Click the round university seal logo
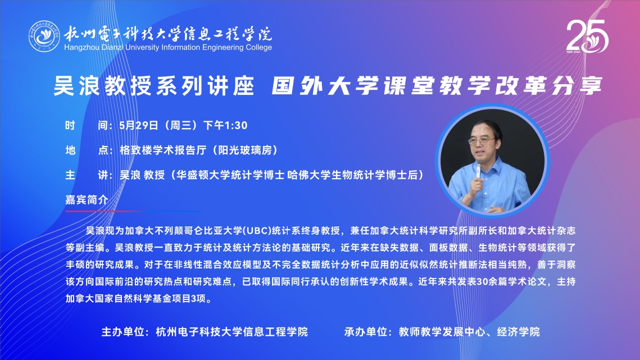[x=44, y=37]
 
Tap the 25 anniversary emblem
[x=587, y=37]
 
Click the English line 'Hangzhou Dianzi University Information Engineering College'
[x=168, y=47]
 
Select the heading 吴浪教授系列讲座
[x=154, y=86]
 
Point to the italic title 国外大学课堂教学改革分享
[x=437, y=86]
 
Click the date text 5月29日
[x=139, y=125]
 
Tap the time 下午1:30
[x=225, y=125]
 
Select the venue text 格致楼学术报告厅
[x=163, y=150]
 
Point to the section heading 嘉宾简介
[x=87, y=199]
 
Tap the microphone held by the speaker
[x=478, y=171]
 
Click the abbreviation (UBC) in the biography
[x=257, y=231]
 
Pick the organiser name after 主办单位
[x=232, y=332]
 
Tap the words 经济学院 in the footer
[x=519, y=332]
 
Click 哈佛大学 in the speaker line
[x=309, y=175]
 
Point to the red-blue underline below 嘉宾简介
[x=133, y=211]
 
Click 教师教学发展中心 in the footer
[x=442, y=332]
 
